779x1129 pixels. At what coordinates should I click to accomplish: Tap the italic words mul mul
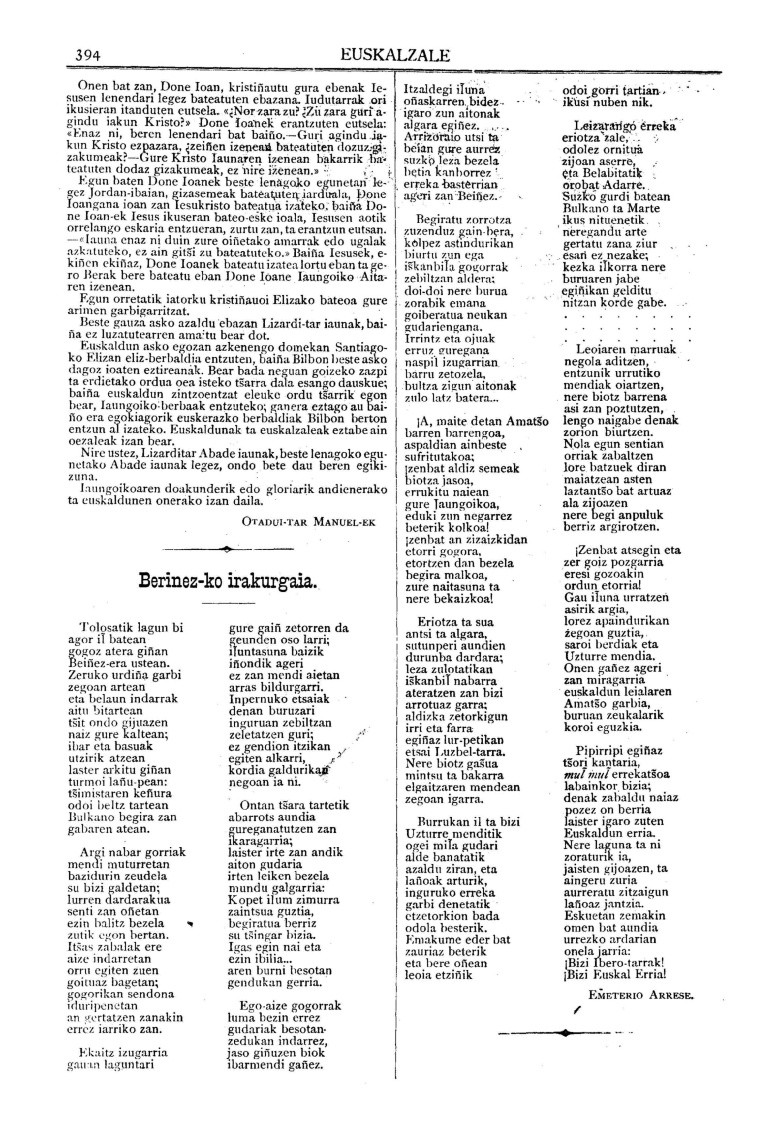(x=580, y=774)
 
